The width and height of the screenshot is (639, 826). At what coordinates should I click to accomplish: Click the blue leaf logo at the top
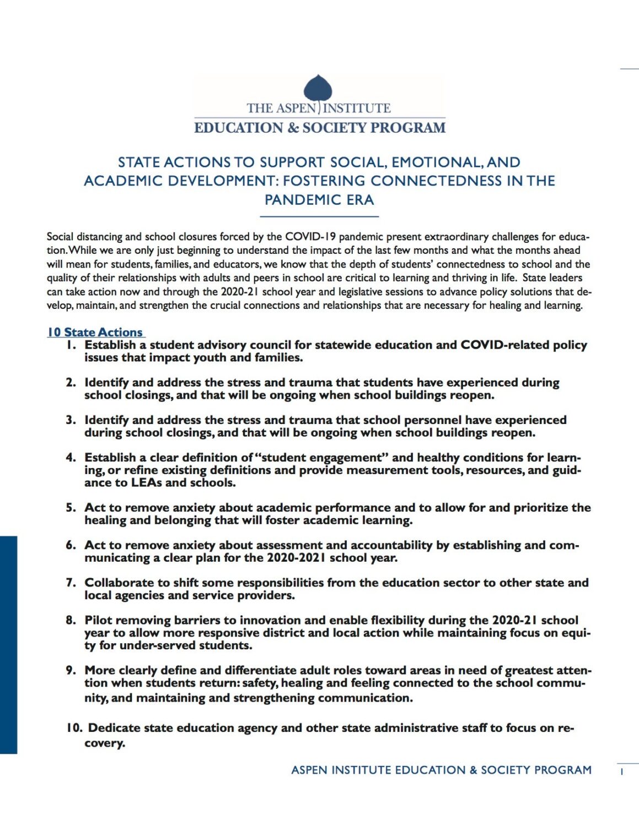coord(318,89)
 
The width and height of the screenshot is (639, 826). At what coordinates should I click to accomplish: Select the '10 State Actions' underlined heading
coord(95,332)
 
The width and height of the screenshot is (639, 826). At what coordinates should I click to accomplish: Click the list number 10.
coord(74,728)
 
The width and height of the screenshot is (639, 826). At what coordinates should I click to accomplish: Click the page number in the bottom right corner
coord(621,772)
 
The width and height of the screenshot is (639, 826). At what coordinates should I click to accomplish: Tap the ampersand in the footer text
coord(473,770)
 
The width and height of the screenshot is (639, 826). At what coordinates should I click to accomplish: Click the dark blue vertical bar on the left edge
coord(8,644)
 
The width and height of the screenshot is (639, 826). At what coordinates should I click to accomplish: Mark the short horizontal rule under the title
coord(319,217)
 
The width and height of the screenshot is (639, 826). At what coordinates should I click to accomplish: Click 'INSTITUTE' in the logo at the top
coord(357,108)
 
